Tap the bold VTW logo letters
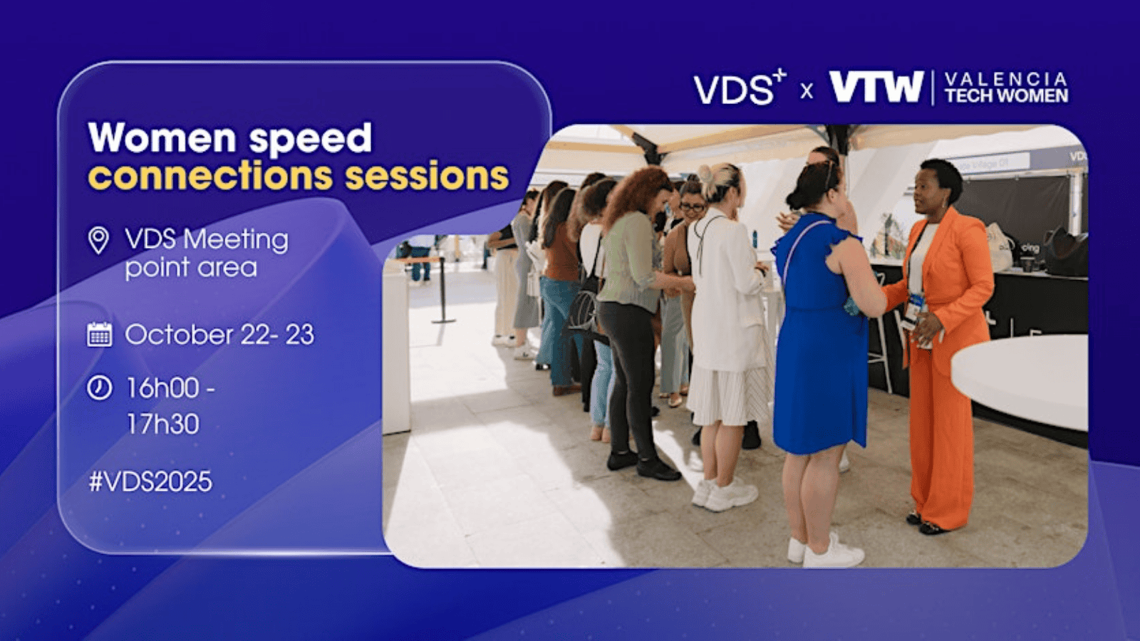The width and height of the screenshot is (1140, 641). coord(876,87)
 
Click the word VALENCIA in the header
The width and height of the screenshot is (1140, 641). coord(1006,78)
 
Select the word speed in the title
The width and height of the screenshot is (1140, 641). coord(311,138)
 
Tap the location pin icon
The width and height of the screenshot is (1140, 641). coord(98,240)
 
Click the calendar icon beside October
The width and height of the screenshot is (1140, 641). coord(99,335)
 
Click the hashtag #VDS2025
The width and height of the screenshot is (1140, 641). coord(150,481)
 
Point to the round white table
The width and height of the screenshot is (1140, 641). coord(1020,382)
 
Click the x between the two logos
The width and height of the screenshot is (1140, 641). coord(807,92)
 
